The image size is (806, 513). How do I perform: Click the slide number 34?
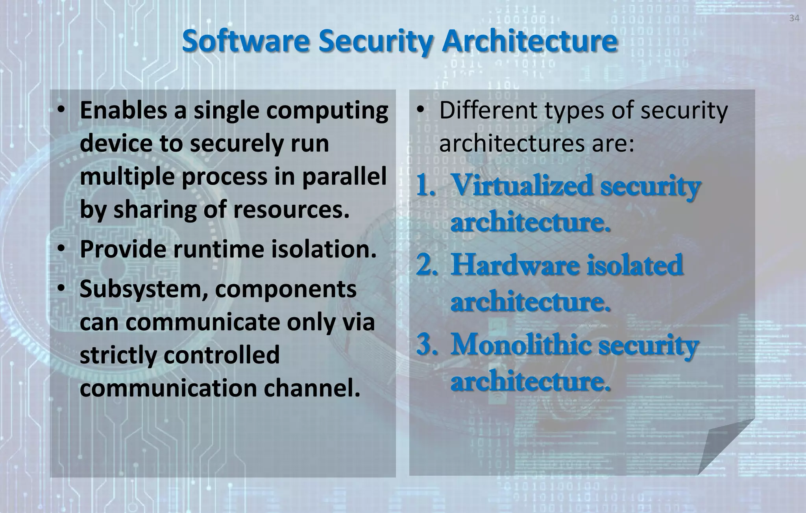click(794, 19)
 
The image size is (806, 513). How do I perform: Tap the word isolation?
click(324, 249)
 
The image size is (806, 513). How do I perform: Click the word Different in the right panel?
click(488, 111)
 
